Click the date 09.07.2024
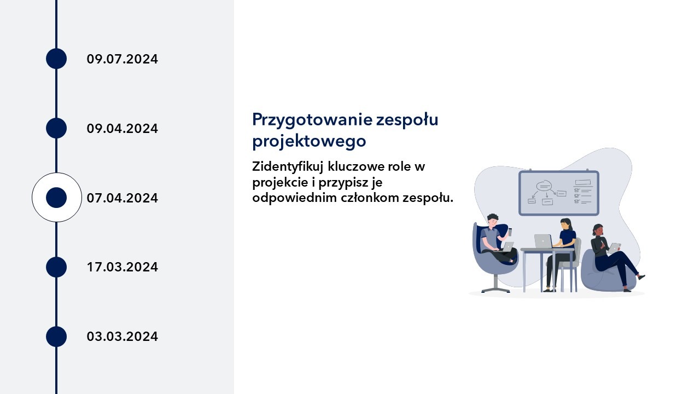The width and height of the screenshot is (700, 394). (x=122, y=59)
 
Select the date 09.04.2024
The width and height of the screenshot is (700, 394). (x=122, y=129)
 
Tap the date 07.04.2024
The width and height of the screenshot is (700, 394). (x=122, y=198)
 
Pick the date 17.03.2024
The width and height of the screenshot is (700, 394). (x=122, y=267)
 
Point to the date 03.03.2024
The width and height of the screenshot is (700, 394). (x=122, y=337)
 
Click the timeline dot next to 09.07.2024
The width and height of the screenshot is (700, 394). (x=56, y=59)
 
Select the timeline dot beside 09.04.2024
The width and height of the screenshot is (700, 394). (x=56, y=128)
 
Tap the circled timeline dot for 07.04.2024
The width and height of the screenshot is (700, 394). (x=56, y=198)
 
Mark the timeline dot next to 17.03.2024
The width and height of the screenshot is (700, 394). (x=56, y=267)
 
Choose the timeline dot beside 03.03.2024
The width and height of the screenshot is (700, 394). (x=56, y=337)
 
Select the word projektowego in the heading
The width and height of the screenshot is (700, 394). (x=308, y=141)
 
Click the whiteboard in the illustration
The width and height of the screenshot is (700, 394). (x=558, y=193)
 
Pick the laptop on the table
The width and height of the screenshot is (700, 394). (x=542, y=241)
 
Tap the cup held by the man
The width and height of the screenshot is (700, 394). (x=510, y=231)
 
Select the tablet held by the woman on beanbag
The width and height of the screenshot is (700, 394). (x=615, y=247)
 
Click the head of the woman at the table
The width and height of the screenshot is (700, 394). (x=565, y=224)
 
